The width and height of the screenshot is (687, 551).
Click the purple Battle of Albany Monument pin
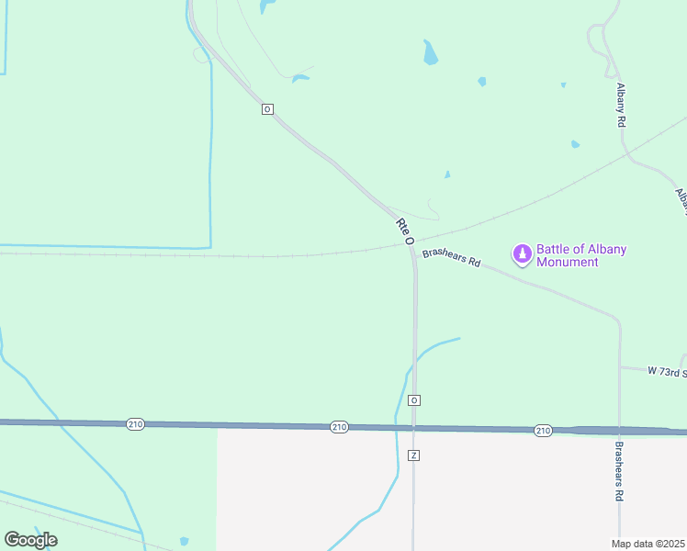(x=523, y=253)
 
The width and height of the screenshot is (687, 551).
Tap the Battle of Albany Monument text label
(x=569, y=255)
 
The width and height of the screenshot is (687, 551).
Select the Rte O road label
(x=405, y=231)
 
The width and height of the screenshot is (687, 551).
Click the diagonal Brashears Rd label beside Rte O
(x=452, y=256)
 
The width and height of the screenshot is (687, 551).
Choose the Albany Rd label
(x=622, y=105)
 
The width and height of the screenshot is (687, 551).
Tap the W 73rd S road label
(x=667, y=371)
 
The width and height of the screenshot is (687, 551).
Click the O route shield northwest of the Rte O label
(x=267, y=109)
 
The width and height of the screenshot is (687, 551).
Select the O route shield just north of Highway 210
(x=414, y=400)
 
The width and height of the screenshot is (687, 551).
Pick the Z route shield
(x=414, y=455)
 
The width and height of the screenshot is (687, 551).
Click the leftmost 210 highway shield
(x=135, y=423)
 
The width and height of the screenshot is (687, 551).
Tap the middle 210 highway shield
(x=339, y=427)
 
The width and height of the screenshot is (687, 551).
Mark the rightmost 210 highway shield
(x=543, y=430)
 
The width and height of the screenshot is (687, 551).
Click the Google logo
(x=31, y=539)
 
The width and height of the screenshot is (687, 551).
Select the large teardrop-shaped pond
(x=430, y=53)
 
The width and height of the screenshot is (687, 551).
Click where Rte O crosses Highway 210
(x=414, y=428)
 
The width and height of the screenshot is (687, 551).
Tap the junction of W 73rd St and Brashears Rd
(x=620, y=367)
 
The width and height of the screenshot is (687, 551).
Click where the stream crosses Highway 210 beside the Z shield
(x=397, y=427)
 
